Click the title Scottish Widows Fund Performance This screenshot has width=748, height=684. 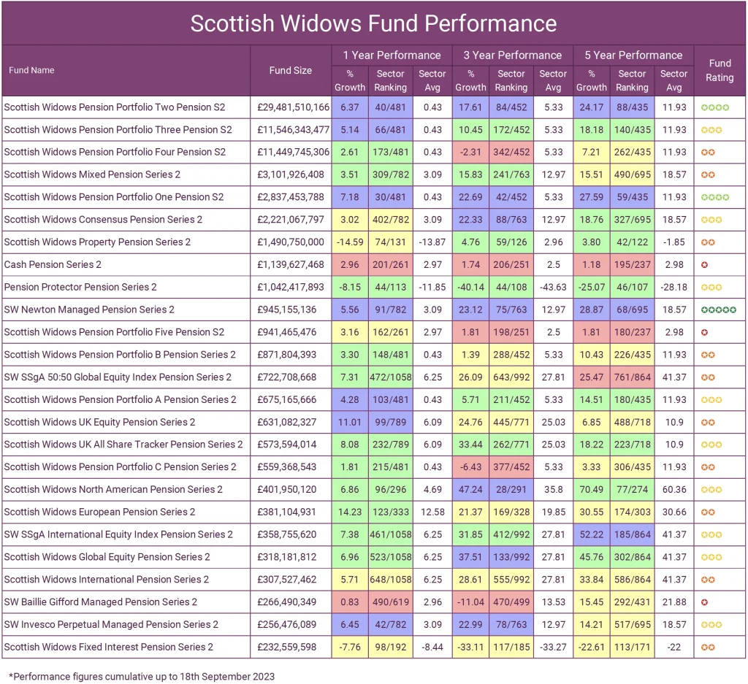[373, 23]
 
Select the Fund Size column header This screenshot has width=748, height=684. [290, 71]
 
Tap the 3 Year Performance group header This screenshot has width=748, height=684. [512, 55]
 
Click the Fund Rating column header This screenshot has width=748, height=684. [720, 71]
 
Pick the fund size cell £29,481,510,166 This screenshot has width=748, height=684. [293, 107]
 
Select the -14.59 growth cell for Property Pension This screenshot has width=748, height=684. [349, 242]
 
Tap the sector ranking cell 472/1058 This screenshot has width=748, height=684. [391, 377]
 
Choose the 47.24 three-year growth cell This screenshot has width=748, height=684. [470, 490]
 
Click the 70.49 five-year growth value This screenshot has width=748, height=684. [591, 490]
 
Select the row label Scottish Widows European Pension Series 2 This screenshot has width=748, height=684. [99, 512]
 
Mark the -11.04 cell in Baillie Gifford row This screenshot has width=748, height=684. [470, 602]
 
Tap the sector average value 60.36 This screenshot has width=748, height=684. [673, 490]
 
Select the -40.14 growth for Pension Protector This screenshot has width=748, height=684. [470, 287]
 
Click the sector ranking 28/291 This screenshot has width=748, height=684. [511, 490]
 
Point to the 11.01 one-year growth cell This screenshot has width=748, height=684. [349, 422]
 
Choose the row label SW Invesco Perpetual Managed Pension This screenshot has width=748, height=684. [111, 625]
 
